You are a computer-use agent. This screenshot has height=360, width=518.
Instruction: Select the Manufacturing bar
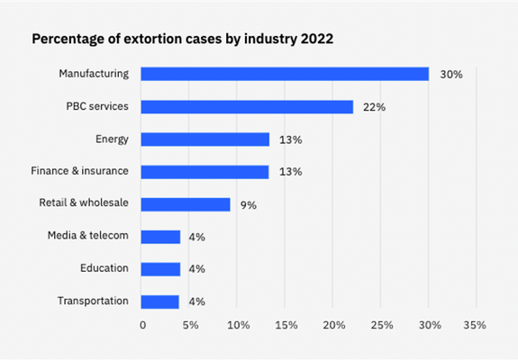point(285,74)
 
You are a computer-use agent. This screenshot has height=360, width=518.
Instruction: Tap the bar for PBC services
point(247,106)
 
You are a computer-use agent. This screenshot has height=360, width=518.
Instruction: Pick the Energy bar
point(205,139)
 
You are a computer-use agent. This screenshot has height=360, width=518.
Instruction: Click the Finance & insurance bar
point(205,171)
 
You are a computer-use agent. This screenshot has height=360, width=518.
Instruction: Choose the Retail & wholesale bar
point(186,204)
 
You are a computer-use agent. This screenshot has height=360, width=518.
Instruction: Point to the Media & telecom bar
point(161,237)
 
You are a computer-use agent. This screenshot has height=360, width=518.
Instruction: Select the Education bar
point(161,269)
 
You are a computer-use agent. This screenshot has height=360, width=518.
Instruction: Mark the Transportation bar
point(161,301)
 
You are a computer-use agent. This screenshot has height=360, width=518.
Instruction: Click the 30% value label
point(450,75)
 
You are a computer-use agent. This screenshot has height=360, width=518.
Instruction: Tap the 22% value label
point(374,107)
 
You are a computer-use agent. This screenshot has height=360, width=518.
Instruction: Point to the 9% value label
point(248,205)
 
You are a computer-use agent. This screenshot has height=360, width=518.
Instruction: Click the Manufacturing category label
point(94,74)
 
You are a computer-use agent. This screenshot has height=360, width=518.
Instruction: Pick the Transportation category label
point(93,301)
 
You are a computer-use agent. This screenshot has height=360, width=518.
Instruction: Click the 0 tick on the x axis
point(142,325)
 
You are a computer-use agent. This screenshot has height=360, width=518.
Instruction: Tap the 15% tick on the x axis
point(285,325)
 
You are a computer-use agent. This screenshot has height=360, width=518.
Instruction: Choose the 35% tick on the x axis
point(476,325)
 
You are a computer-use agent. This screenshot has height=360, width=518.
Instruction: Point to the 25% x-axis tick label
point(380,325)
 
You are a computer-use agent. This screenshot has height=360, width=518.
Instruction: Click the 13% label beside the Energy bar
point(290,139)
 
